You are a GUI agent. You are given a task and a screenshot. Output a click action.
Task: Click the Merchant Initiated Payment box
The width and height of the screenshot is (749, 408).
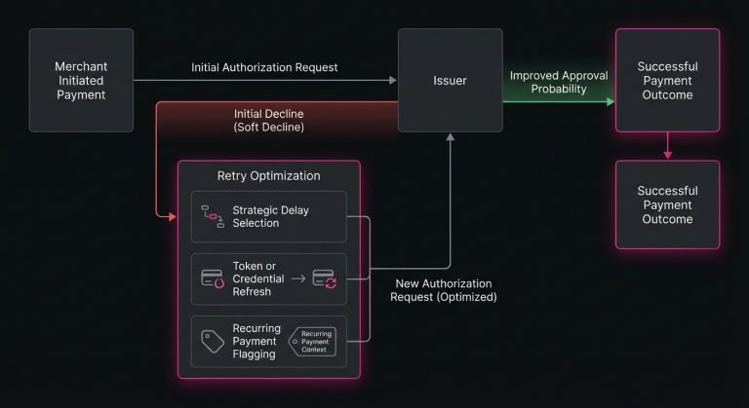pyautogui.click(x=80, y=81)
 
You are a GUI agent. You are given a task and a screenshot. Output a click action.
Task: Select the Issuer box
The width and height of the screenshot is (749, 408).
pyautogui.click(x=450, y=81)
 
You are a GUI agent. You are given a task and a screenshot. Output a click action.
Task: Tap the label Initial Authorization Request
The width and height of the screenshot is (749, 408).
pyautogui.click(x=264, y=67)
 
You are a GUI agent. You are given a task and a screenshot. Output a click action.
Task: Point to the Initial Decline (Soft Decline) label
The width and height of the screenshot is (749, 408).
pyautogui.click(x=268, y=120)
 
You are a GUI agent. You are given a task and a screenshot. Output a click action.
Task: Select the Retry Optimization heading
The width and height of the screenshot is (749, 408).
pyautogui.click(x=268, y=175)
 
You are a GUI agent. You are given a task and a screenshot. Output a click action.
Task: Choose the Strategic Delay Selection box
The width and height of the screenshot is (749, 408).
pyautogui.click(x=268, y=216)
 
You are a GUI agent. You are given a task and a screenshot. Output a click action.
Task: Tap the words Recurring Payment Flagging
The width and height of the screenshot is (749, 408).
pyautogui.click(x=256, y=341)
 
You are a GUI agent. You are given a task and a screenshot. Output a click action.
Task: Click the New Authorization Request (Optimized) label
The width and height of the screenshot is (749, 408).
pyautogui.click(x=444, y=290)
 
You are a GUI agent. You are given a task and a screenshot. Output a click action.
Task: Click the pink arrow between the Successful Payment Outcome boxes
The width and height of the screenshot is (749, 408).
pyautogui.click(x=668, y=146)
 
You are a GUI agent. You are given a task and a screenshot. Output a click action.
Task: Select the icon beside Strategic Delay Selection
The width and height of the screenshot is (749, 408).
pyautogui.click(x=212, y=216)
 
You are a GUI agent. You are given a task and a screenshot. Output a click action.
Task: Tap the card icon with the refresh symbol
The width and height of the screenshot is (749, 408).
pyautogui.click(x=324, y=278)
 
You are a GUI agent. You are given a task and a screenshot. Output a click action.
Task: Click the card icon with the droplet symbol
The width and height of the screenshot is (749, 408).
pyautogui.click(x=213, y=278)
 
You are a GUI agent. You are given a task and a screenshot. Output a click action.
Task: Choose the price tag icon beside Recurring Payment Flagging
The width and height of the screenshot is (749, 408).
pyautogui.click(x=213, y=341)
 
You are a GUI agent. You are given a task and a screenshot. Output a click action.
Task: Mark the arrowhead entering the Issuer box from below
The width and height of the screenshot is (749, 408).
pyautogui.click(x=450, y=138)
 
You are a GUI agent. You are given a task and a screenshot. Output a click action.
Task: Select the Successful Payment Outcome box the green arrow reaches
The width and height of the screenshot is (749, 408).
pyautogui.click(x=668, y=81)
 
